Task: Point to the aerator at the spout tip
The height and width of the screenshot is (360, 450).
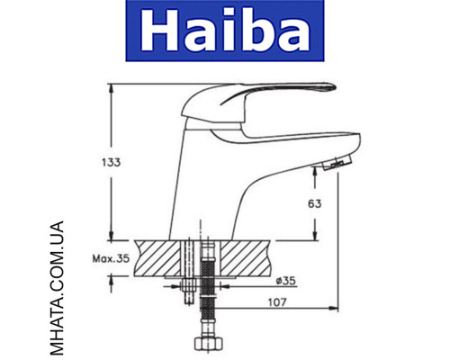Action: click(335, 166)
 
